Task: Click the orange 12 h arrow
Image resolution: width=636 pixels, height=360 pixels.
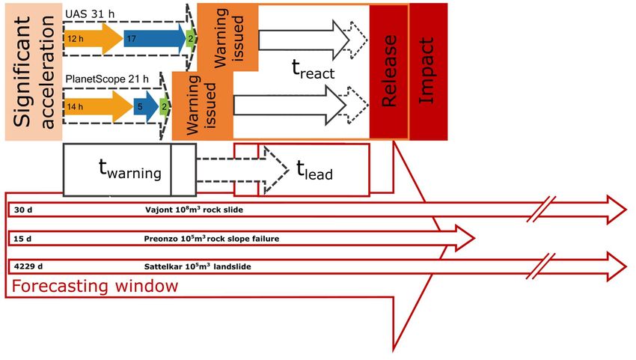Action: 94,39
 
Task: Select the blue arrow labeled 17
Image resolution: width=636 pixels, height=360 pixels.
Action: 155,39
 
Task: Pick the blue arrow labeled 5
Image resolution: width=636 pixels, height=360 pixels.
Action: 146,107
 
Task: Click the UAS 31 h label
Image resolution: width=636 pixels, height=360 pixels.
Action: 90,14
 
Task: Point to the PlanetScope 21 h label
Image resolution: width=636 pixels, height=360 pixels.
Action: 107,79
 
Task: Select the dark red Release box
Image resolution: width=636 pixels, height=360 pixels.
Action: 389,71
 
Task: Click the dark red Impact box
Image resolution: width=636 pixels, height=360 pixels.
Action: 428,71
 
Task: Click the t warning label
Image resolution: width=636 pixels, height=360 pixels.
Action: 129,169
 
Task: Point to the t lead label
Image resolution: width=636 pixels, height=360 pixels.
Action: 315,170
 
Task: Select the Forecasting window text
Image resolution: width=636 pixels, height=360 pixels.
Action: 95,286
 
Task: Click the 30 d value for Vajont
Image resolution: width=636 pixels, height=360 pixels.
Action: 22,210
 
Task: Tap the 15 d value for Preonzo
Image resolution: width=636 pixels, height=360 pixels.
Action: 22,239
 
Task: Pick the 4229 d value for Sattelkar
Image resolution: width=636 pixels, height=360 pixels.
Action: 28,266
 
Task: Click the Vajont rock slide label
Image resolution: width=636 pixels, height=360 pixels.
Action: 195,210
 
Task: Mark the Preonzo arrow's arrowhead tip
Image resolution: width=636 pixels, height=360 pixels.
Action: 474,238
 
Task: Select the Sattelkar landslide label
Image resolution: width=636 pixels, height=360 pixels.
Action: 198,266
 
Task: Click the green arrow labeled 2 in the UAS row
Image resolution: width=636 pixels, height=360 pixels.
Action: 191,39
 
